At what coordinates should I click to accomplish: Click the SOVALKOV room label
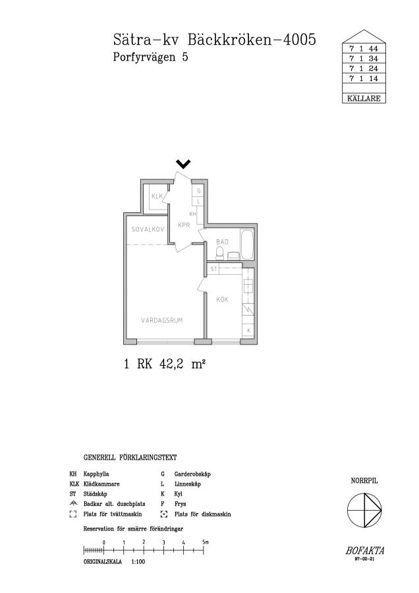(148, 229)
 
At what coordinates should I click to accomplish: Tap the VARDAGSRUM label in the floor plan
(162, 320)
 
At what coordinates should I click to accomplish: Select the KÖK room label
(222, 300)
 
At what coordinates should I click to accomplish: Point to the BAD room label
(223, 242)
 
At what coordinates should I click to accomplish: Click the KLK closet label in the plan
(157, 196)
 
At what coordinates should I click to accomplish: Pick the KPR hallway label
(184, 225)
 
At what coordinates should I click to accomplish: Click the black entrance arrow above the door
(183, 164)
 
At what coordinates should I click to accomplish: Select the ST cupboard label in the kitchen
(214, 269)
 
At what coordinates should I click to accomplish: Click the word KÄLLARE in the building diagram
(364, 98)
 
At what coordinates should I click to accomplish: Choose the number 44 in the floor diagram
(374, 49)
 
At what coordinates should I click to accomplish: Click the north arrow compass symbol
(364, 510)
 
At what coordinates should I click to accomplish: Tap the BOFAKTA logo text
(365, 551)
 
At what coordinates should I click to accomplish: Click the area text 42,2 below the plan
(172, 364)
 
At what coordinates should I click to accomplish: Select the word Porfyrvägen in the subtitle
(144, 57)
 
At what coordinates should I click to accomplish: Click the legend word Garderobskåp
(192, 474)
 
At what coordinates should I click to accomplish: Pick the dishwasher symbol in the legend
(164, 515)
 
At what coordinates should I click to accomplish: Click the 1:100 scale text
(138, 562)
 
